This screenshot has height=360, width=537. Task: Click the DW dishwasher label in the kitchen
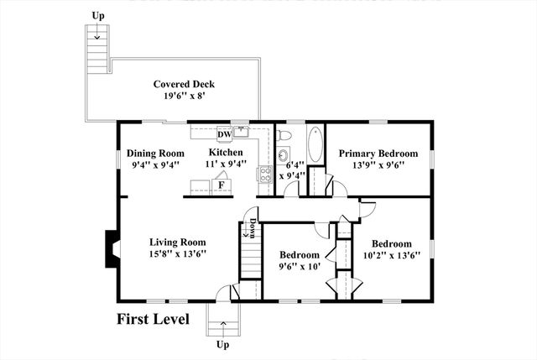[x=224, y=135]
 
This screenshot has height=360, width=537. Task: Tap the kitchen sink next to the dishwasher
[x=242, y=131]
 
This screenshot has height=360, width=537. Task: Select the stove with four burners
[x=264, y=175]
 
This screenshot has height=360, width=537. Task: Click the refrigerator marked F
[x=222, y=185]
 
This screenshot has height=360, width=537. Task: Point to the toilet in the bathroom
[x=284, y=134]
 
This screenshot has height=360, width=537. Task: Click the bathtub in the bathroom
[x=315, y=143]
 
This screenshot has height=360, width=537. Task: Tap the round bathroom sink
[x=282, y=156]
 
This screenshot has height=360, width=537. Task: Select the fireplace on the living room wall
[x=111, y=249]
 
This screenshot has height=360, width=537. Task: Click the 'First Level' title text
[x=152, y=319]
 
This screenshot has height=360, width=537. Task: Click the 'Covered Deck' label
[x=184, y=84]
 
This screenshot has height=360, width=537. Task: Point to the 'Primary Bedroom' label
[x=378, y=154]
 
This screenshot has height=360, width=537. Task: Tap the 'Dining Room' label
[x=155, y=154]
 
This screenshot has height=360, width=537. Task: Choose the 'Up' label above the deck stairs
[x=98, y=15]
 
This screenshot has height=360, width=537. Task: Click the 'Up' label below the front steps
[x=222, y=345]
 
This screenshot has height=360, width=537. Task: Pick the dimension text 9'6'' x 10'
[x=300, y=267]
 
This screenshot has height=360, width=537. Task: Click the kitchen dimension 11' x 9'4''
[x=227, y=164]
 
